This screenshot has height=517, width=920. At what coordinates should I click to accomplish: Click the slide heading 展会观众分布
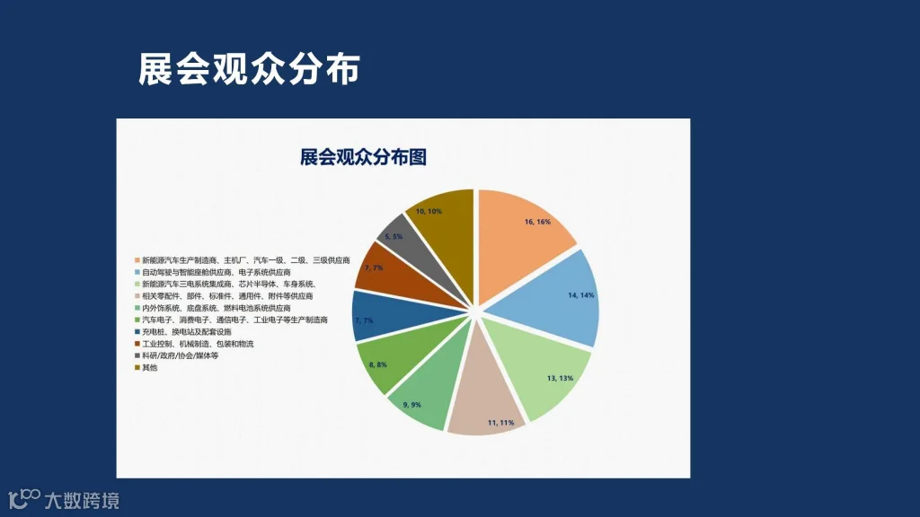(249, 69)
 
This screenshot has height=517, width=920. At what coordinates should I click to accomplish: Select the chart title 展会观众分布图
(363, 157)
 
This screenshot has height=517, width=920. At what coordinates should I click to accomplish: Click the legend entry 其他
(149, 368)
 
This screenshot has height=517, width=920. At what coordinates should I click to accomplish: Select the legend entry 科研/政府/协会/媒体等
(180, 355)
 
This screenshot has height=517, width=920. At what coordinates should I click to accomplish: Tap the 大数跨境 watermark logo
(63, 499)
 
